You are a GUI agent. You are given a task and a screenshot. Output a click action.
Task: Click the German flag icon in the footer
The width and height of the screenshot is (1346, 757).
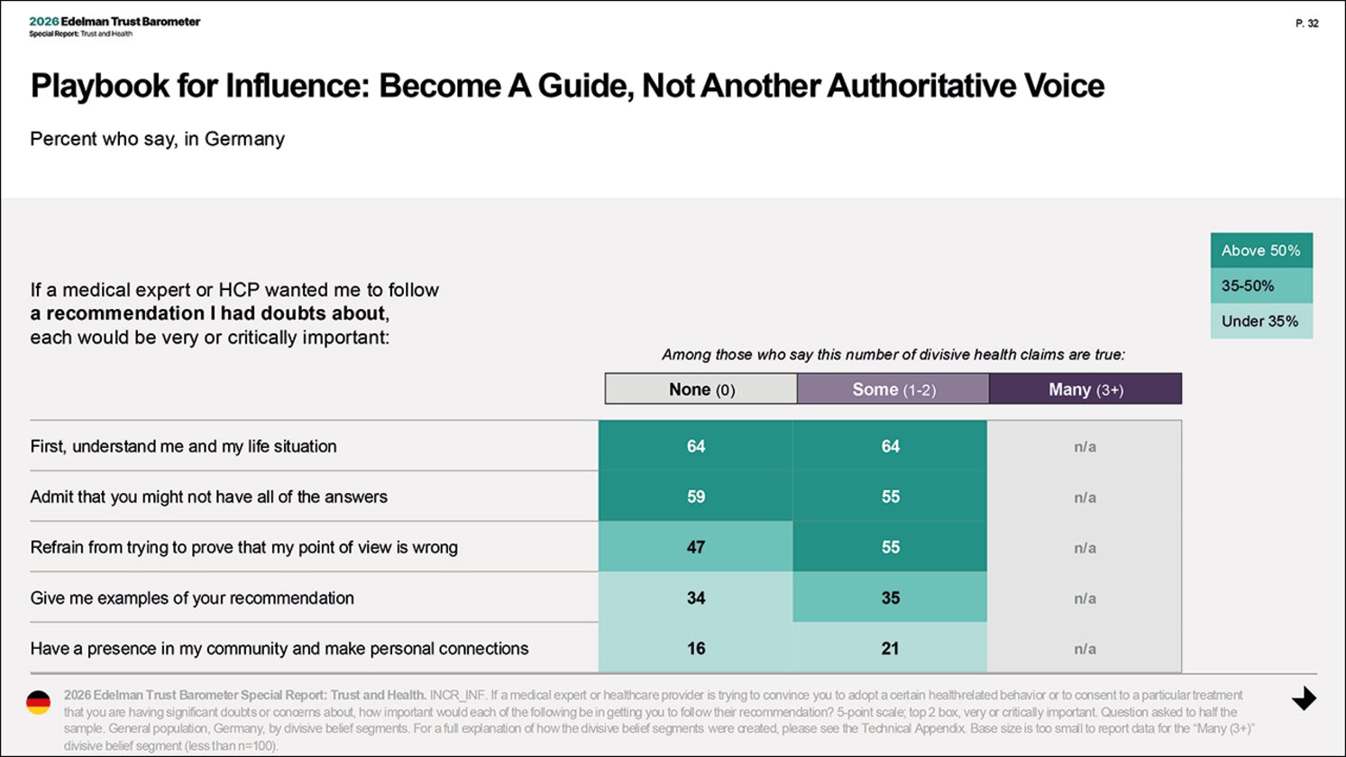point(39,702)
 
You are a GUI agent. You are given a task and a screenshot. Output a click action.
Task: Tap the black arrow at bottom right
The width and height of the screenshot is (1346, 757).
point(1304,698)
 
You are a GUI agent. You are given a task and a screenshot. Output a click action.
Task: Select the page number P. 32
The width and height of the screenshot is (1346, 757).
point(1307,23)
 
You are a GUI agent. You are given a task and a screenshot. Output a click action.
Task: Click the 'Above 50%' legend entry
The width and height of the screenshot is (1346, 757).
point(1261,251)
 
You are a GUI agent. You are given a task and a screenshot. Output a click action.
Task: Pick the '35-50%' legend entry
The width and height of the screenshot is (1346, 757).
point(1261,286)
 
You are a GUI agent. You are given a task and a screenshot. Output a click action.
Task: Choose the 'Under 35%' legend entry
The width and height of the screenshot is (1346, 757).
point(1261,321)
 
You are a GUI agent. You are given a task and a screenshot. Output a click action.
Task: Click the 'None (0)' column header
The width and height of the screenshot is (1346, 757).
point(701,388)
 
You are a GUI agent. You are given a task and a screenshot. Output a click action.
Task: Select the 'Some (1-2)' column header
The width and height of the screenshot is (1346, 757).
point(893,388)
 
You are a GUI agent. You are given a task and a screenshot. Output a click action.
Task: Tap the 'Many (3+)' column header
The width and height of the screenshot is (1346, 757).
point(1085,388)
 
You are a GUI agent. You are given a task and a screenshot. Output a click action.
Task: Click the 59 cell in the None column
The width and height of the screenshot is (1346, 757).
point(696,497)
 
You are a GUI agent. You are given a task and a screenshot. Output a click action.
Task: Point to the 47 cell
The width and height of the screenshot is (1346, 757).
point(696,547)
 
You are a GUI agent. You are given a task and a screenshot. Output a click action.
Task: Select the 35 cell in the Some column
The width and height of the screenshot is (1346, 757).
point(890,597)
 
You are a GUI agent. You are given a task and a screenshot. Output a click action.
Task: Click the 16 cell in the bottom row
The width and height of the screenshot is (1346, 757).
point(696,648)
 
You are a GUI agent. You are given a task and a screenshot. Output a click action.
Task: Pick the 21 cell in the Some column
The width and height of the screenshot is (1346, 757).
point(890,648)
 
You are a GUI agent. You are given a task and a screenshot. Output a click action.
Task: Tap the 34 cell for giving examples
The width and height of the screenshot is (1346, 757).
point(696,597)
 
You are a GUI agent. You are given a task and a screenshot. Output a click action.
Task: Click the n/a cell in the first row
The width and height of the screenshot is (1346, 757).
point(1085,446)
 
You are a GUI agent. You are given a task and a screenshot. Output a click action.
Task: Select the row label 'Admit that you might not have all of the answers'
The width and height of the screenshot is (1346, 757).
point(208,497)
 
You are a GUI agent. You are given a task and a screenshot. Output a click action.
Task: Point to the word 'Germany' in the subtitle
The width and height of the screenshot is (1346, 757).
point(244,140)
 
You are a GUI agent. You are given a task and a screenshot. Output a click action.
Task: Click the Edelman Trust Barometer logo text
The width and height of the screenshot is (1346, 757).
point(114,22)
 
